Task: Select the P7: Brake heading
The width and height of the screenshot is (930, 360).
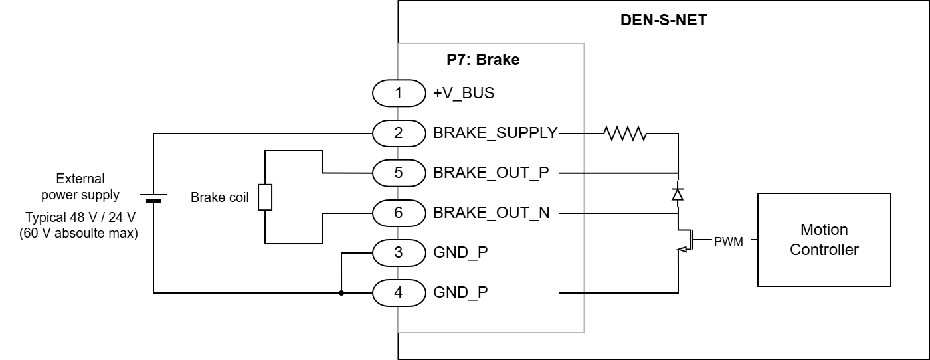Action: point(482,60)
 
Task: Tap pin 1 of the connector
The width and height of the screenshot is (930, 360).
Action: point(399,93)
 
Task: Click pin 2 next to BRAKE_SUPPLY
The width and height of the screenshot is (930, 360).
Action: point(399,133)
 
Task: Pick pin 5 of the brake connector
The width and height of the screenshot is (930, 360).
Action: point(399,173)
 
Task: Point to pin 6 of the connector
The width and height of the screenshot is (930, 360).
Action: point(399,213)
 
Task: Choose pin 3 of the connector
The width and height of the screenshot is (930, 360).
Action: point(399,252)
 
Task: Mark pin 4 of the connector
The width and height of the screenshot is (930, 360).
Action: point(399,292)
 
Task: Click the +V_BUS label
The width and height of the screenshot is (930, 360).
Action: point(464,93)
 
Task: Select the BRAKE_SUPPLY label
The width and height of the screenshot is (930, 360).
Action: point(496,133)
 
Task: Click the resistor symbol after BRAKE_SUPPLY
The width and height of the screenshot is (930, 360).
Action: point(625,134)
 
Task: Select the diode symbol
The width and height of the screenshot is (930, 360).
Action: point(678,194)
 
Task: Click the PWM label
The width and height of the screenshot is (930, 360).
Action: point(728,241)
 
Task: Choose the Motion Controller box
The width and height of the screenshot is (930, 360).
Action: point(824,240)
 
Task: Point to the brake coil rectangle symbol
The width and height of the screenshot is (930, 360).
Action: point(265,197)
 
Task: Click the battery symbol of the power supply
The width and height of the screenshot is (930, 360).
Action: point(153,197)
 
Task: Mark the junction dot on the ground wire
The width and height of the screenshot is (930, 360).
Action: point(341,292)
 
